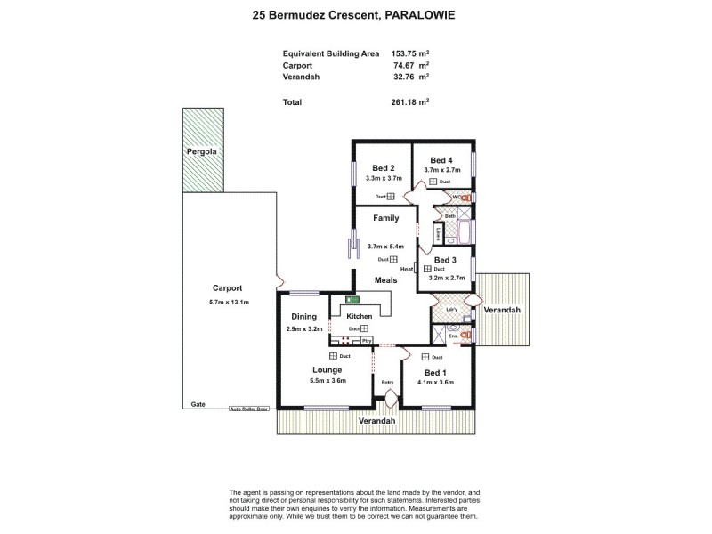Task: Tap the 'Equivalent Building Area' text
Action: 331,53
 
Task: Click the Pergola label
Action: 202,152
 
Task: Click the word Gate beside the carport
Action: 198,404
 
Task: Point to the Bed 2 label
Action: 383,168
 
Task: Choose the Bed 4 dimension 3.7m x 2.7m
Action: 441,169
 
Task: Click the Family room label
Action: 385,218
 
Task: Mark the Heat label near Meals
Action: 407,269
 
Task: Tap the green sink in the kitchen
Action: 351,300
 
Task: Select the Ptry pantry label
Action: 366,340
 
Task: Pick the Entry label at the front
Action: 387,383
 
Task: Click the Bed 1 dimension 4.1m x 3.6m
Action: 435,383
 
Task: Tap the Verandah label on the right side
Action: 503,310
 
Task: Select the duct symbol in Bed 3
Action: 427,269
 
